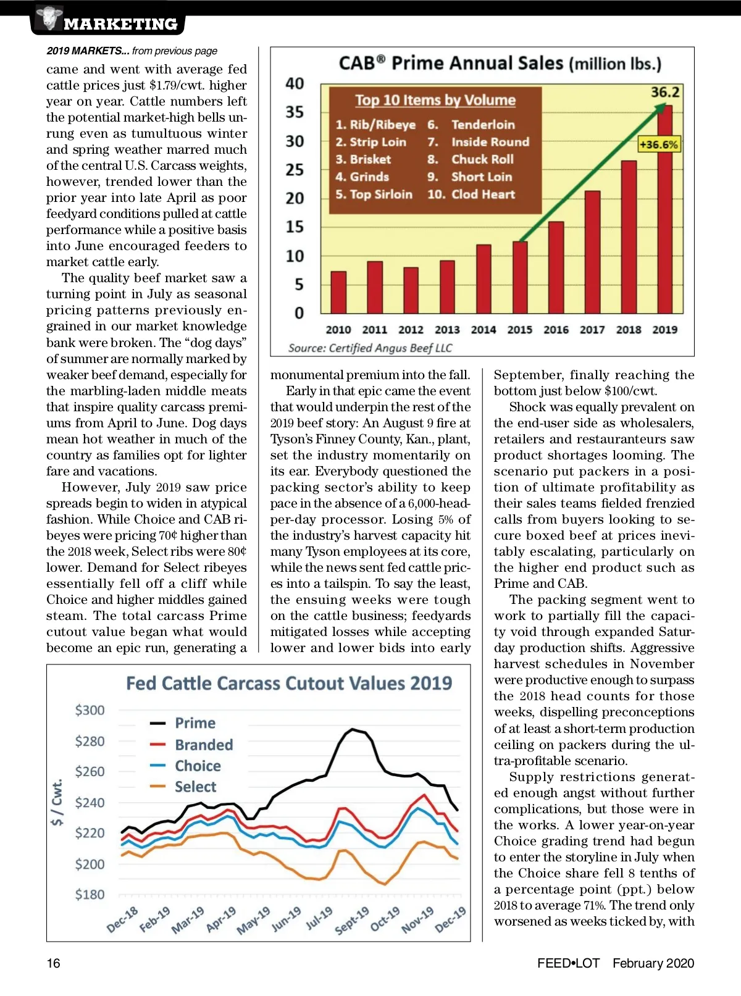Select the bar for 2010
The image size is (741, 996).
(338, 292)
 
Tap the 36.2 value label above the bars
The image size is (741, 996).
(665, 92)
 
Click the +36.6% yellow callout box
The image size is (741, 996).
(659, 144)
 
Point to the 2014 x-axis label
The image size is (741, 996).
(484, 330)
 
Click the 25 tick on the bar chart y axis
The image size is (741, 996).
(295, 170)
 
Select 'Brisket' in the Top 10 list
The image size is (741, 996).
(363, 159)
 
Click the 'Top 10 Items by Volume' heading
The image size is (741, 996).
(435, 100)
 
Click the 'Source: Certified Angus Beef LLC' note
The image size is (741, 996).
(370, 348)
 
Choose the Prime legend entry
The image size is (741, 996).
(183, 723)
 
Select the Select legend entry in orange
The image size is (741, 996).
(183, 787)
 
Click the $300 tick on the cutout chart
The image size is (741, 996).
(90, 710)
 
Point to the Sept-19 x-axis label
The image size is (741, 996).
(352, 921)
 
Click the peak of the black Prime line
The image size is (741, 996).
(353, 729)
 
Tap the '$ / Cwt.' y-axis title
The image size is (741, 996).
(57, 802)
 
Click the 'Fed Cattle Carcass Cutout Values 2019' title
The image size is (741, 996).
(289, 683)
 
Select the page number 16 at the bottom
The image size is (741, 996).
(54, 963)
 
